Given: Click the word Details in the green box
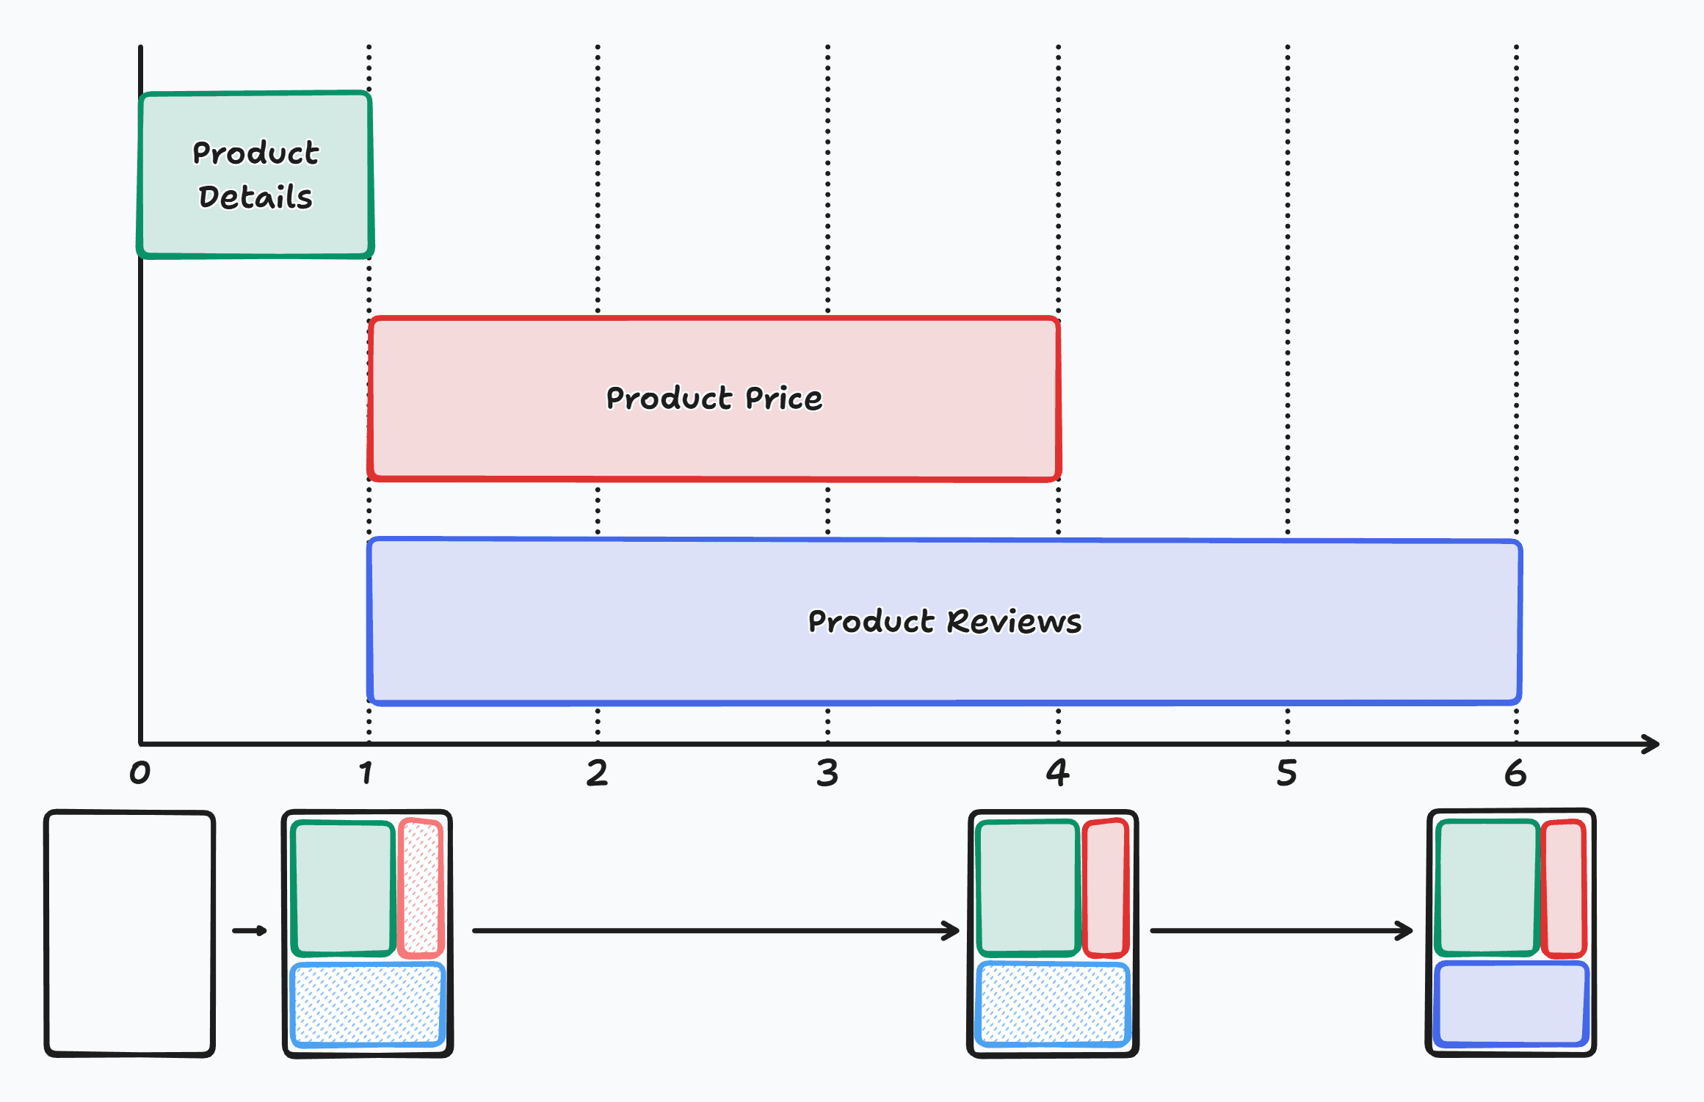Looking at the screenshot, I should (255, 197).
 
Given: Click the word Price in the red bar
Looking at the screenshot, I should (783, 399).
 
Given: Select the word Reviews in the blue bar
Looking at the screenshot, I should (1014, 622).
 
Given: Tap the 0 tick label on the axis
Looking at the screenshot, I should (139, 772).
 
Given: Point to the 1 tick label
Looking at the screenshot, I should (366, 772).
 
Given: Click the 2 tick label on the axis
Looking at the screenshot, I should (597, 773).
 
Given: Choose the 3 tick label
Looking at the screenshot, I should (827, 773).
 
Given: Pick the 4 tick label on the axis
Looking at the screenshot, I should (1057, 772).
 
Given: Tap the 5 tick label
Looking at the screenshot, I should (1286, 773).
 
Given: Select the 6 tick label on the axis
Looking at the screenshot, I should (1515, 773).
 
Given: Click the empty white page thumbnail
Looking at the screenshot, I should (129, 933).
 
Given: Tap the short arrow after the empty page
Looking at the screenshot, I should (250, 931).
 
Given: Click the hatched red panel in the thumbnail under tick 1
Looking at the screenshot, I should (421, 888).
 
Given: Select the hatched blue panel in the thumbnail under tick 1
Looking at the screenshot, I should (368, 1004).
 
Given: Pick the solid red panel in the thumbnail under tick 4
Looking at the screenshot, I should (1106, 888).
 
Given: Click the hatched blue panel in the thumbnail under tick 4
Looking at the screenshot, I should (1053, 1004).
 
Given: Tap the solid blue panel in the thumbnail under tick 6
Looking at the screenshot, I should (1511, 1004).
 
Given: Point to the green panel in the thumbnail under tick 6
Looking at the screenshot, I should (1487, 888).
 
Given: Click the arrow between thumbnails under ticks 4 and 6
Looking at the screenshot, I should (1281, 931).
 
